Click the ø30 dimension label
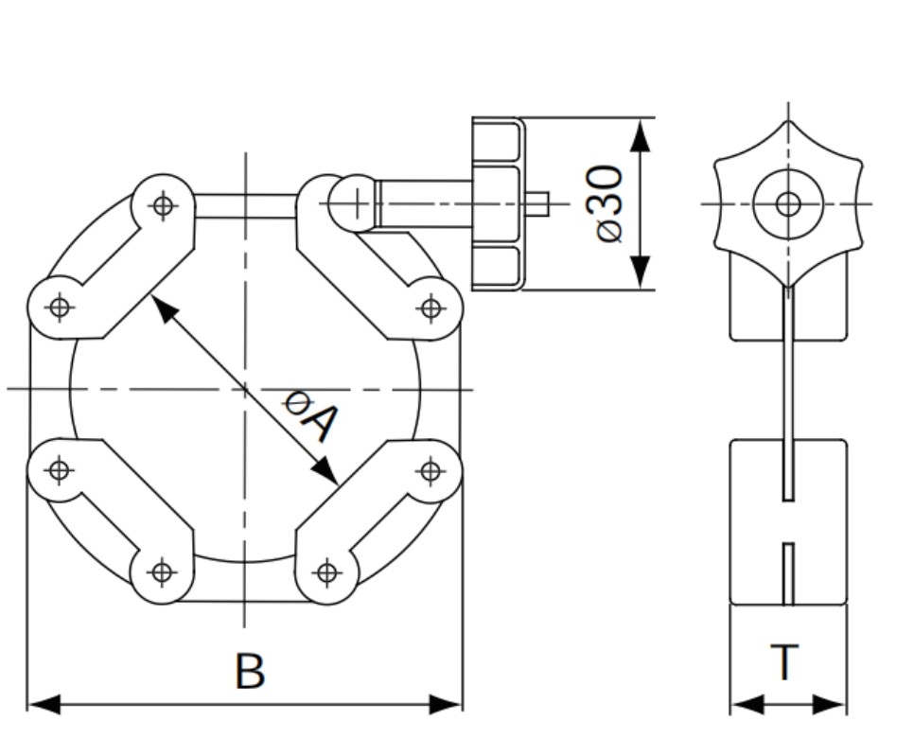(609, 203)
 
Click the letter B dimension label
(250, 671)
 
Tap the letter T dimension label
(784, 661)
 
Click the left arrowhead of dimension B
(44, 704)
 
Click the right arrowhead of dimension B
(446, 704)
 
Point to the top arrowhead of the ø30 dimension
(641, 136)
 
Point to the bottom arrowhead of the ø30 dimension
(641, 272)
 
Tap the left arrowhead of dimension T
(747, 704)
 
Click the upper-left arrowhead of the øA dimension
(165, 309)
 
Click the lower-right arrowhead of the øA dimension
(325, 471)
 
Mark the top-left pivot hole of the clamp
(163, 205)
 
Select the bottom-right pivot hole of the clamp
(327, 572)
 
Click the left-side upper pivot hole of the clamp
(60, 307)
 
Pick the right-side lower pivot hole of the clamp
(431, 470)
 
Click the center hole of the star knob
(788, 204)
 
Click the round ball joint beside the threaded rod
(353, 204)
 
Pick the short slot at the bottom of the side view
(788, 574)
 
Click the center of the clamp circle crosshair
(245, 388)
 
